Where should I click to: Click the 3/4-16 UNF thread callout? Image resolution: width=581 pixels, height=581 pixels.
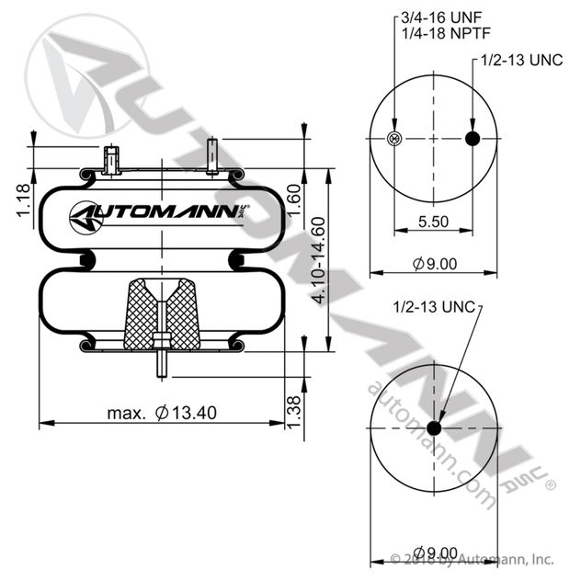tap(441, 17)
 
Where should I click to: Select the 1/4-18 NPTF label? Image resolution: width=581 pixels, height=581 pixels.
tap(446, 33)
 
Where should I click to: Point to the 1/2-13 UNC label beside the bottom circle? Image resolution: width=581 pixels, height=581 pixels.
tap(434, 307)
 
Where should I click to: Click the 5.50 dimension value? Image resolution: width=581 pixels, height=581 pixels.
tap(433, 222)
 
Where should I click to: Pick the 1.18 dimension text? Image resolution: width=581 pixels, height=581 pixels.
tap(24, 200)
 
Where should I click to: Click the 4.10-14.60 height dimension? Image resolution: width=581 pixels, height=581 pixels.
tap(318, 260)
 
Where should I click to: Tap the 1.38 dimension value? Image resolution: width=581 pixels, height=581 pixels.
tap(294, 412)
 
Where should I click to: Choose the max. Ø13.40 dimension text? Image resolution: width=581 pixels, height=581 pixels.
tap(162, 413)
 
